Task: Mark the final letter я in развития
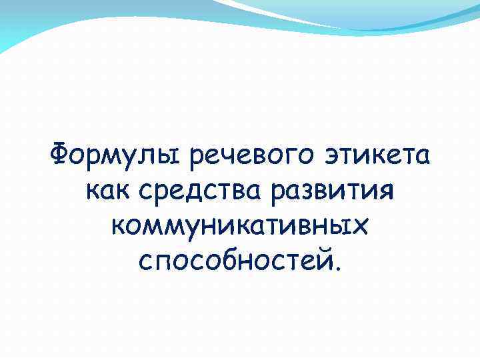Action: point(389,195)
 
